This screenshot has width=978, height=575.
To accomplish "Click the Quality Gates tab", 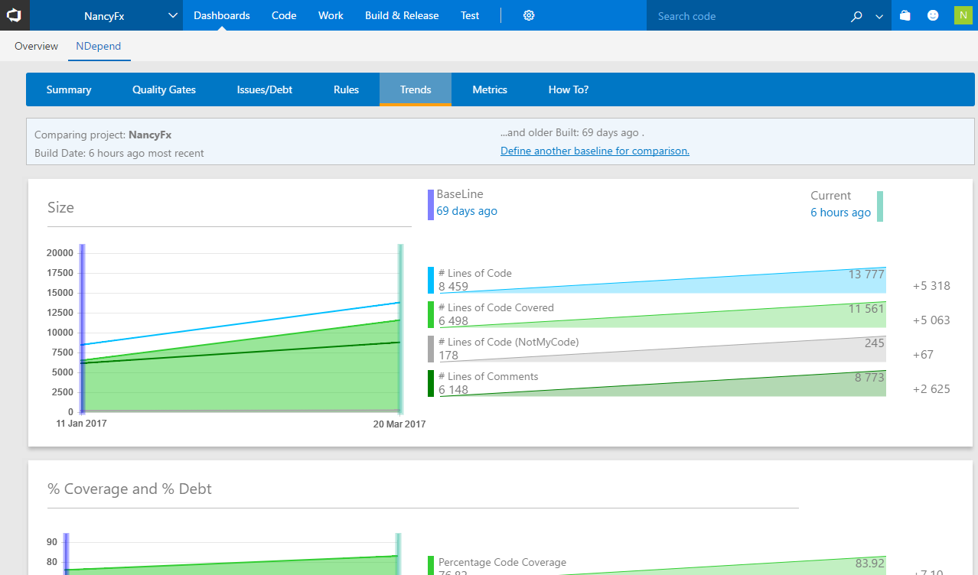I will pyautogui.click(x=164, y=89).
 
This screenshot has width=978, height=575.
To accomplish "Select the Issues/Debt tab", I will pyautogui.click(x=265, y=89).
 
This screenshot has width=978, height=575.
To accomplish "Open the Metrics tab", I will pyautogui.click(x=490, y=89).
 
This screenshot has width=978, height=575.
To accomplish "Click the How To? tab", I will pyautogui.click(x=569, y=89).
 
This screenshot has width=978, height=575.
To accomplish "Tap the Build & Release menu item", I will pyautogui.click(x=402, y=15).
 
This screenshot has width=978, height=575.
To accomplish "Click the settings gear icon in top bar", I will pyautogui.click(x=529, y=15).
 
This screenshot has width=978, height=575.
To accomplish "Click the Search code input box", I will pyautogui.click(x=746, y=15).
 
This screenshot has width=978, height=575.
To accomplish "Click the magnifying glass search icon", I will pyautogui.click(x=856, y=16).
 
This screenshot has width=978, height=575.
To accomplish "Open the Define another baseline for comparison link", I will pyautogui.click(x=595, y=151).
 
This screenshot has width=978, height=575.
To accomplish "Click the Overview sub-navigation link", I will pyautogui.click(x=36, y=46).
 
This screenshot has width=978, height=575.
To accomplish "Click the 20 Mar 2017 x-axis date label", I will pyautogui.click(x=399, y=424).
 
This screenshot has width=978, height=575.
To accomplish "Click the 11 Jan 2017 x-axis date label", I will pyautogui.click(x=81, y=423).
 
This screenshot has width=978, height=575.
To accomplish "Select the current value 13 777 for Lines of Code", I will pyautogui.click(x=866, y=275).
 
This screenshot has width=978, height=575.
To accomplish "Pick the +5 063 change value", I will pyautogui.click(x=931, y=320).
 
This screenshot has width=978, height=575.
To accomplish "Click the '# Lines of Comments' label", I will pyautogui.click(x=488, y=376).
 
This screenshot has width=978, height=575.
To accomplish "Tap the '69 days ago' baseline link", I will pyautogui.click(x=467, y=211).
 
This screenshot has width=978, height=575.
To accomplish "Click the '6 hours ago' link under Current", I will pyautogui.click(x=840, y=213).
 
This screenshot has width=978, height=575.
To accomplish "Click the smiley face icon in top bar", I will pyautogui.click(x=933, y=15).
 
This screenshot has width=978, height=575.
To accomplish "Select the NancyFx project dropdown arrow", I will pyautogui.click(x=172, y=15).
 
